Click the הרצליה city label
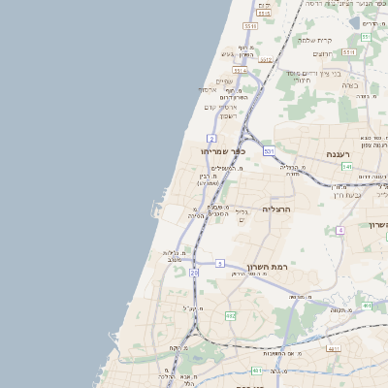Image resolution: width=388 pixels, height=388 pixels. [x=276, y=209]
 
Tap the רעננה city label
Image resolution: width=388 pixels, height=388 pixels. [x=344, y=153]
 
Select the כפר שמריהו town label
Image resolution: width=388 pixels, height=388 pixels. [x=223, y=151]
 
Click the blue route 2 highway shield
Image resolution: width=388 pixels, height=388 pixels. [x=210, y=139]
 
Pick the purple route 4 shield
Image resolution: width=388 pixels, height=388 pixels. [x=341, y=230]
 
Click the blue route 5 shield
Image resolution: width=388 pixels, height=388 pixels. [x=220, y=263]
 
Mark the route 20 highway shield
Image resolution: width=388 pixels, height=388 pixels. [x=194, y=275]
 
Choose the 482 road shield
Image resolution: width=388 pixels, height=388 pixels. [x=230, y=316]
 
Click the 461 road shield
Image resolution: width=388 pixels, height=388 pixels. [x=256, y=370]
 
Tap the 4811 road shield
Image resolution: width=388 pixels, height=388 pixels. [x=335, y=348]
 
